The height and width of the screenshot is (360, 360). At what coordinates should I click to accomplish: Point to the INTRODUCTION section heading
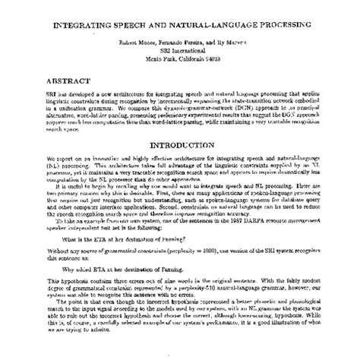click(x=179, y=145)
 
